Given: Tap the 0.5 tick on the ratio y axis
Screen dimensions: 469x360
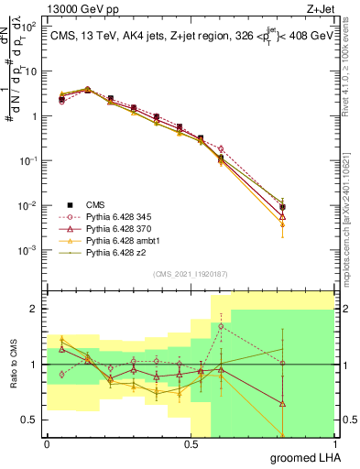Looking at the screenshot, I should (33, 420).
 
